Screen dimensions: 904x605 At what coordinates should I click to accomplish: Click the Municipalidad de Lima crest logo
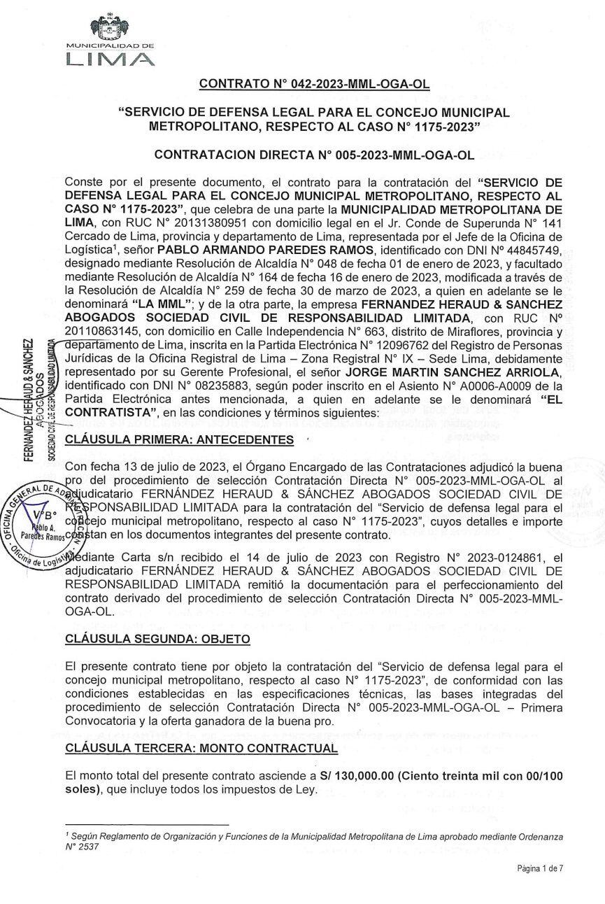[110, 30]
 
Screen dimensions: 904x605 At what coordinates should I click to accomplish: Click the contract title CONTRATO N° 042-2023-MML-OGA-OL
[314, 85]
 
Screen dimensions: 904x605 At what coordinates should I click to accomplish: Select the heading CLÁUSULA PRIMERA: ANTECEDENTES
[180, 439]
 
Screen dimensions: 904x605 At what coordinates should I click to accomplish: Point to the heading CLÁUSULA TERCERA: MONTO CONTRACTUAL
[201, 748]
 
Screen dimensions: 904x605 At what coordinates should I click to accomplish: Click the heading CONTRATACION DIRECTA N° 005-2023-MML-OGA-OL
[314, 153]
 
